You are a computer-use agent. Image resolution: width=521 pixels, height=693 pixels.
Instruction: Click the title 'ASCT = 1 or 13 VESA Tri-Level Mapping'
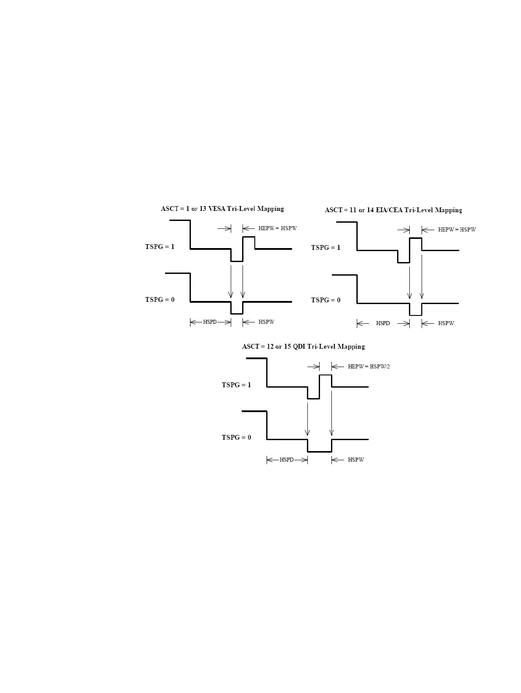[222, 209]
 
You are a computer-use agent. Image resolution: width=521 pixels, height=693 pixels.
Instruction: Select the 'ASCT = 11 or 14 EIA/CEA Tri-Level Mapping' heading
[393, 210]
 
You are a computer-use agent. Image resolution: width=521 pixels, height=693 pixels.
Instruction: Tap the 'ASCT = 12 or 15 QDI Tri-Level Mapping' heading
[303, 346]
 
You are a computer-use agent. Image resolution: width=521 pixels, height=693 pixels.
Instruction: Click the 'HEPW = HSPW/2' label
[369, 367]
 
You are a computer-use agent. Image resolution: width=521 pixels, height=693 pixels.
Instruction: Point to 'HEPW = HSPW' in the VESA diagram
[277, 228]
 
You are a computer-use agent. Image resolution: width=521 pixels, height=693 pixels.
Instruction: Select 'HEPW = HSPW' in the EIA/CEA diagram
[457, 230]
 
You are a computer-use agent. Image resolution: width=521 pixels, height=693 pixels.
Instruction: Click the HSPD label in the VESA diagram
[210, 322]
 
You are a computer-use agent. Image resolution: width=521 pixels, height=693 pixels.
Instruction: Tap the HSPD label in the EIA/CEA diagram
[383, 323]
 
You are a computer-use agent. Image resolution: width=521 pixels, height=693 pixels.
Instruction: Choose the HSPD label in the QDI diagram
[286, 460]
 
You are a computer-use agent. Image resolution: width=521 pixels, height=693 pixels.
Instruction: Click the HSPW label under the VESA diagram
[266, 322]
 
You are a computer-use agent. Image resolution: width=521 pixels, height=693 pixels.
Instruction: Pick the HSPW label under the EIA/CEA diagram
[446, 323]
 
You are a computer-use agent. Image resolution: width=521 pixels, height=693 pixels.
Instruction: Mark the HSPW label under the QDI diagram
[356, 460]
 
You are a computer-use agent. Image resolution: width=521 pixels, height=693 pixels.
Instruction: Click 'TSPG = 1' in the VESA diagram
[159, 247]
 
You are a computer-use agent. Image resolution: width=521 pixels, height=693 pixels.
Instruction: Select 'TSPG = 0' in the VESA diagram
[159, 300]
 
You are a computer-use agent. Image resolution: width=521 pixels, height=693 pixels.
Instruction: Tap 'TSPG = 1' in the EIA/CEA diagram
[325, 248]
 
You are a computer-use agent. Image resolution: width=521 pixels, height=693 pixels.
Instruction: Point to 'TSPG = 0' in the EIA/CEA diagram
[325, 300]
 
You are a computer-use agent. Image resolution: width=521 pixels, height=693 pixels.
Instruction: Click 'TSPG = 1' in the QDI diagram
[236, 385]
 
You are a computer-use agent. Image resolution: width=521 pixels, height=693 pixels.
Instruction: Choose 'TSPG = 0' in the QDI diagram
[236, 437]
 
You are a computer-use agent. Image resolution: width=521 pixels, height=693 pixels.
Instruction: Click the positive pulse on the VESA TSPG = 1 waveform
[249, 242]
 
